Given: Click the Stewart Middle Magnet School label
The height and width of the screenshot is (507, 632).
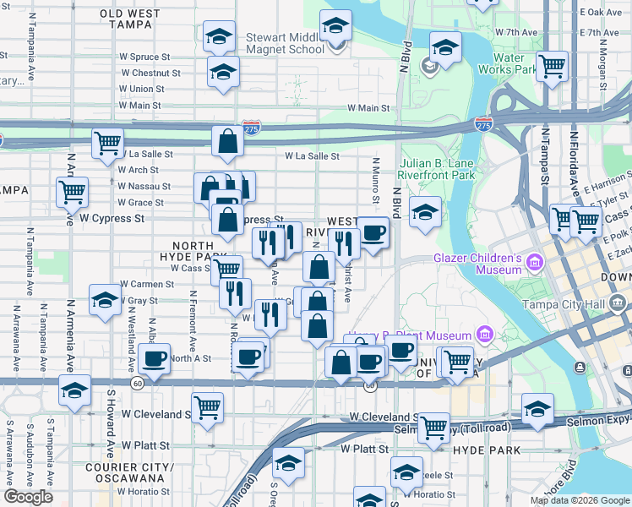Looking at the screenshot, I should [285, 43].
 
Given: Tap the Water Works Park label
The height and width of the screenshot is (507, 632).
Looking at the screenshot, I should [508, 63].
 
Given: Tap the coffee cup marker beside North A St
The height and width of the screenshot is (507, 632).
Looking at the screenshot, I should [155, 358].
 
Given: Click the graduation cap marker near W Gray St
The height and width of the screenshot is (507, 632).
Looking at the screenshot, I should [105, 301].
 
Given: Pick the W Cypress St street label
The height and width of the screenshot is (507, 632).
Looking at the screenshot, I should [112, 218].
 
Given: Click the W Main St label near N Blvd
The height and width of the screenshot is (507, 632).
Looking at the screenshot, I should [368, 108].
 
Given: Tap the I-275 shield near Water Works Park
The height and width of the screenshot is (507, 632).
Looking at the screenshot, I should [483, 123].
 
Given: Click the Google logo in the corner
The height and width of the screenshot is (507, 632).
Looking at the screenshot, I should [28, 497].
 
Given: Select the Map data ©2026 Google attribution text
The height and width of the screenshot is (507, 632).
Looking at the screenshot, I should [580, 500].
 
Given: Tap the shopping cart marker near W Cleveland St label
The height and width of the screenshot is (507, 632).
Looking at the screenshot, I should [207, 408].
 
